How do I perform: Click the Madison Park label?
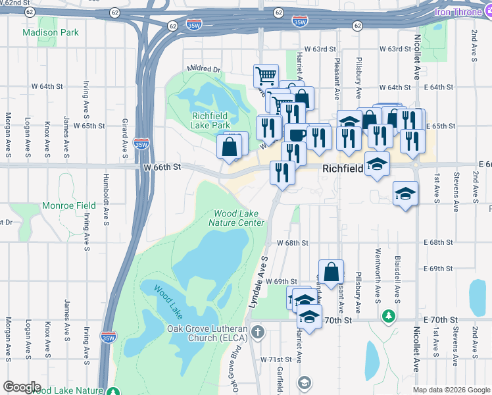[50, 32]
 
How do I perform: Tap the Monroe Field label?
[68, 205]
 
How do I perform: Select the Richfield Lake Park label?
[210, 120]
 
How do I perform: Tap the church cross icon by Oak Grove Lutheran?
[258, 331]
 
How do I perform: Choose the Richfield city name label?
[343, 169]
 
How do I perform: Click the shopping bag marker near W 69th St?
[331, 271]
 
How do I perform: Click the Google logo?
[22, 387]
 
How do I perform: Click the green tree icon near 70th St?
[389, 317]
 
